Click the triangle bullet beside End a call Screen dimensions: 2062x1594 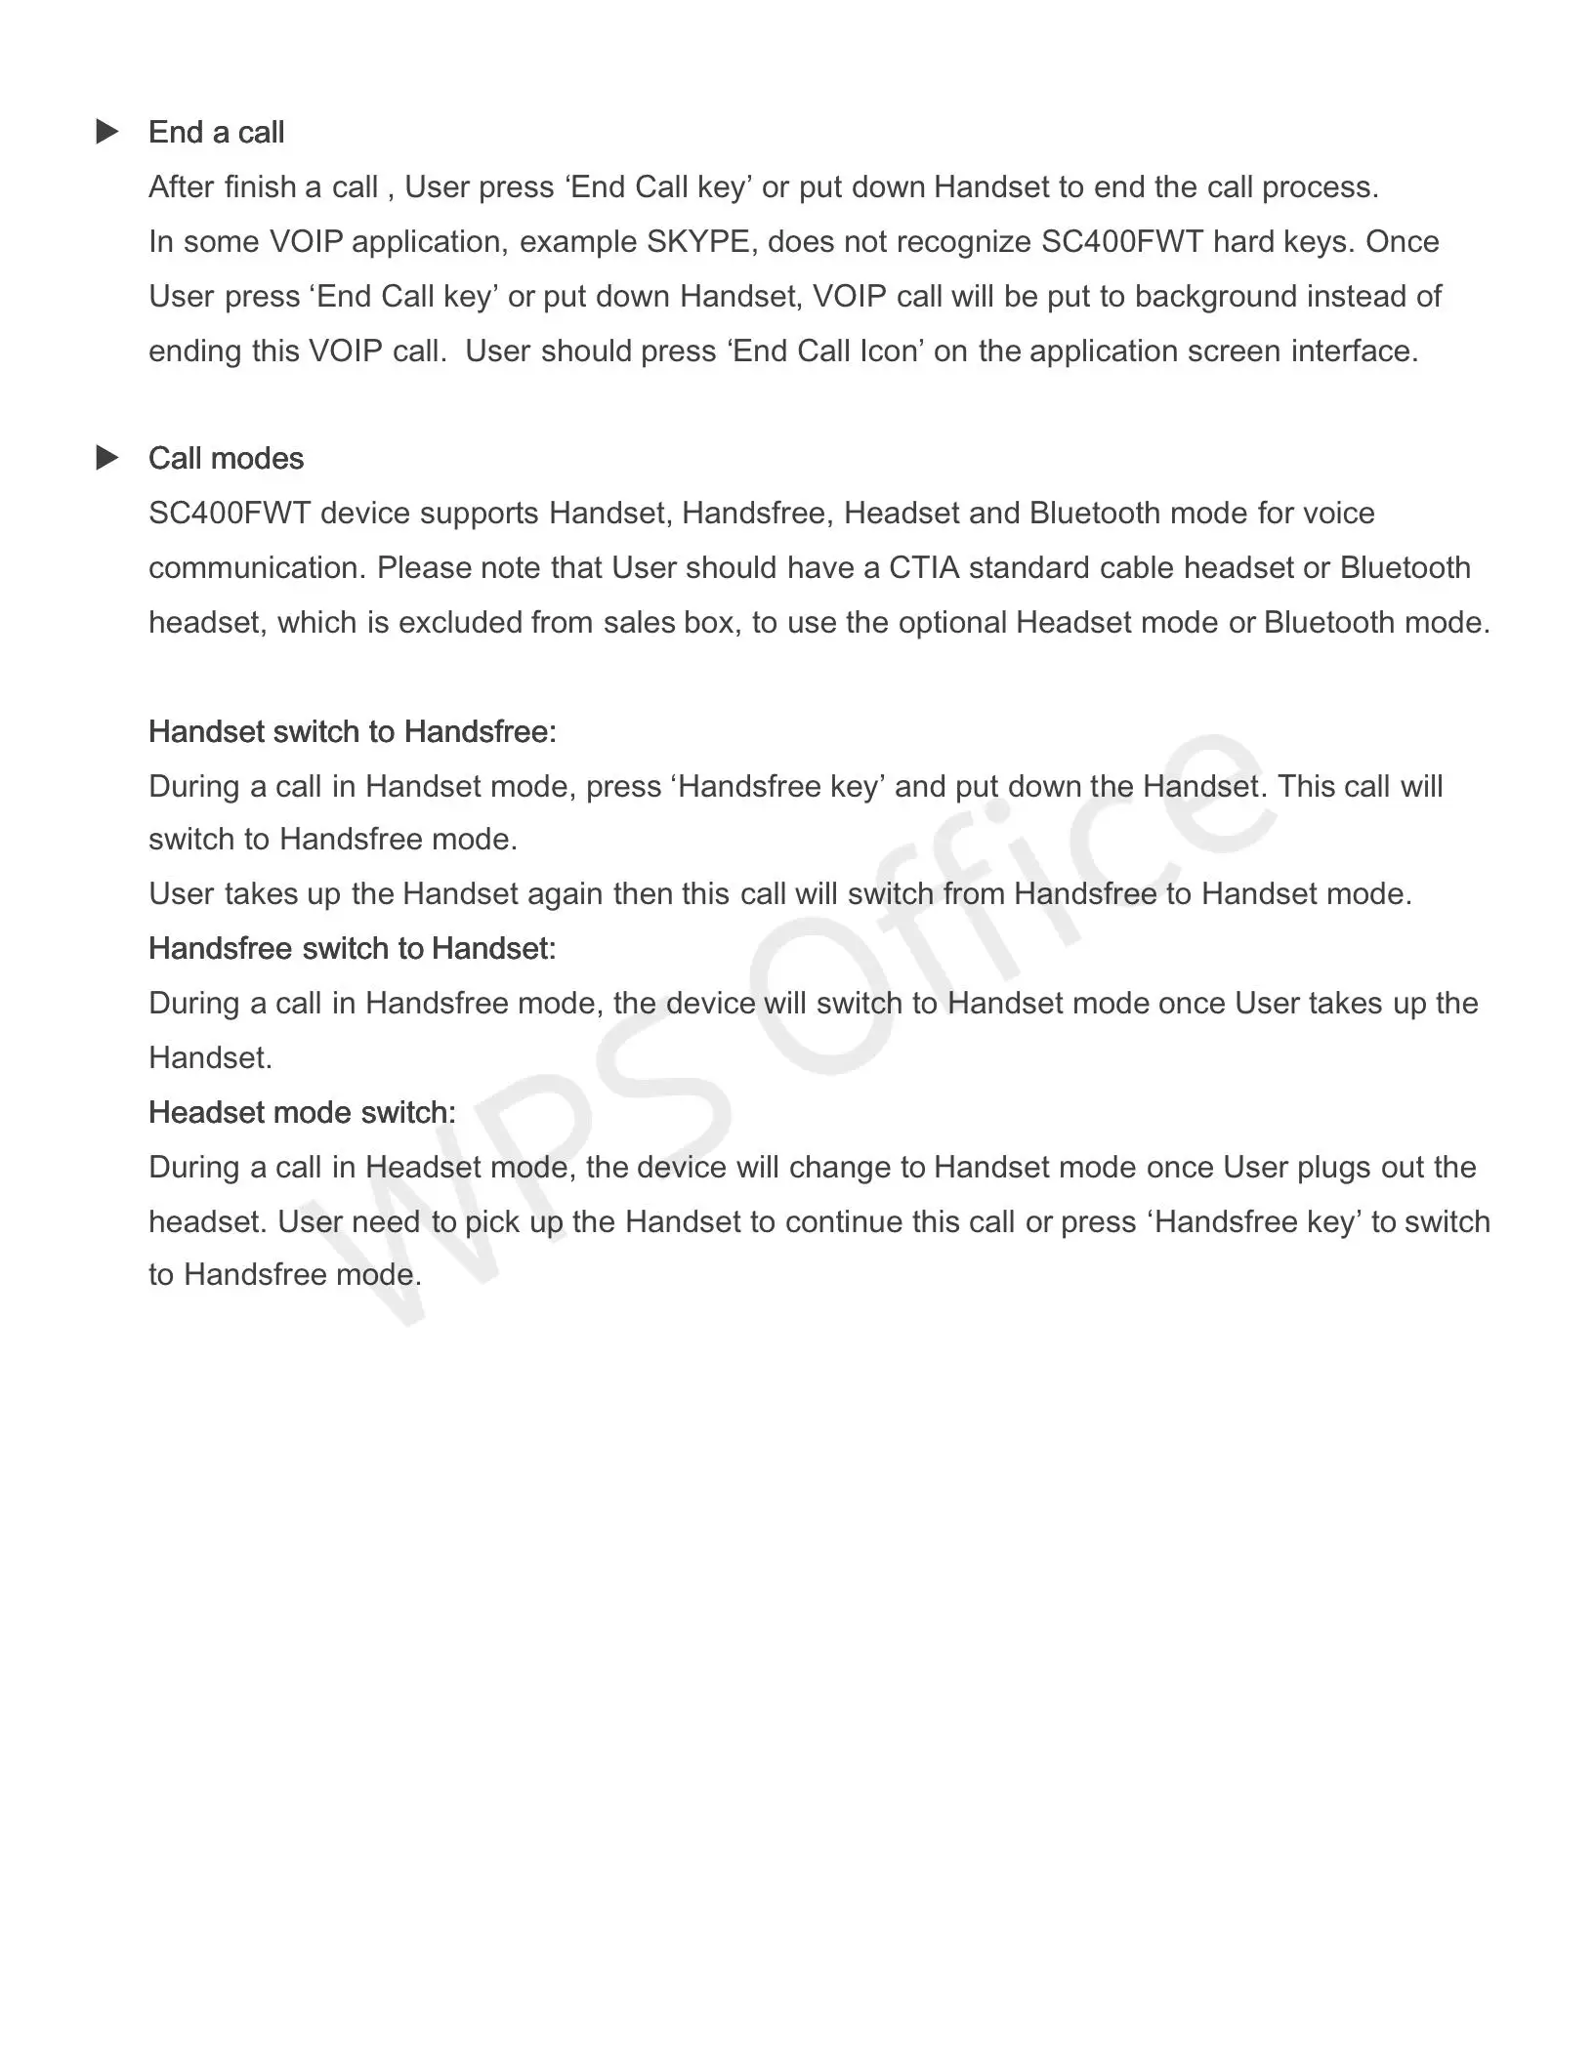(x=107, y=132)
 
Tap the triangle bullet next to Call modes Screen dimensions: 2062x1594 (x=107, y=458)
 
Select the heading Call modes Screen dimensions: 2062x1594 (x=226, y=459)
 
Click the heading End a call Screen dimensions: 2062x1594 (x=216, y=133)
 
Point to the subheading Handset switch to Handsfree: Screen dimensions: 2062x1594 (x=352, y=732)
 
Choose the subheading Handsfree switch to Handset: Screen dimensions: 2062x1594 (x=352, y=949)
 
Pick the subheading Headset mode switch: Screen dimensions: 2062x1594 (x=302, y=1113)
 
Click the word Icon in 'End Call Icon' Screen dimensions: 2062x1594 (x=890, y=351)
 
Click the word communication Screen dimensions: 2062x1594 (x=257, y=568)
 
